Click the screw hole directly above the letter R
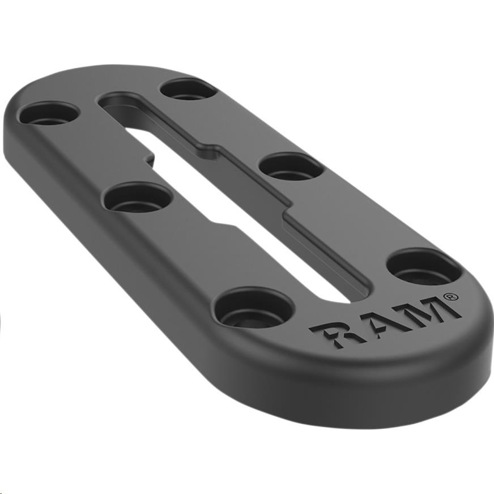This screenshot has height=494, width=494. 254,308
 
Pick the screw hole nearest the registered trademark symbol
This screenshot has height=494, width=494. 424,266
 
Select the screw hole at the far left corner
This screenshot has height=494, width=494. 48,114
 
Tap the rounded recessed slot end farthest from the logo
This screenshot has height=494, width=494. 111,102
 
